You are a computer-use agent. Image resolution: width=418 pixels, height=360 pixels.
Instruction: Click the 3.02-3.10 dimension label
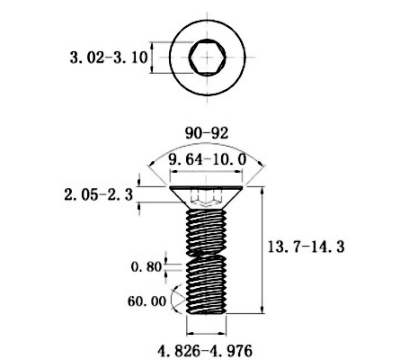109,58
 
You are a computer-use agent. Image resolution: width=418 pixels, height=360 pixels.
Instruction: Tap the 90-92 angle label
207,133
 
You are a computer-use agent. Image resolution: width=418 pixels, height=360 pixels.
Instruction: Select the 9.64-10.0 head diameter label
208,159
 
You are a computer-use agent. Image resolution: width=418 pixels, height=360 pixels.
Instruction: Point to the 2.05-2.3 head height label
99,195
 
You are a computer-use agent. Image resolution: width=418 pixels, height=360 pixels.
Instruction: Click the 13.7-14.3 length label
306,247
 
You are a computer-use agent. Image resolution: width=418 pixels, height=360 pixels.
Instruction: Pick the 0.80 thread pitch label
147,266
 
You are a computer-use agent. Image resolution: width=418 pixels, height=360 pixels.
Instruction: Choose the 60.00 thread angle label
147,301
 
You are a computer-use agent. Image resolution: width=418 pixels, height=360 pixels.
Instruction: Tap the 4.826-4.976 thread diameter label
205,351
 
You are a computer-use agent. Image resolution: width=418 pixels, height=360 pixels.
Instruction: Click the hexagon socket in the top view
208,57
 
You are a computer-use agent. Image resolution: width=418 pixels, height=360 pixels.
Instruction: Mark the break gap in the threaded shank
206,254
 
